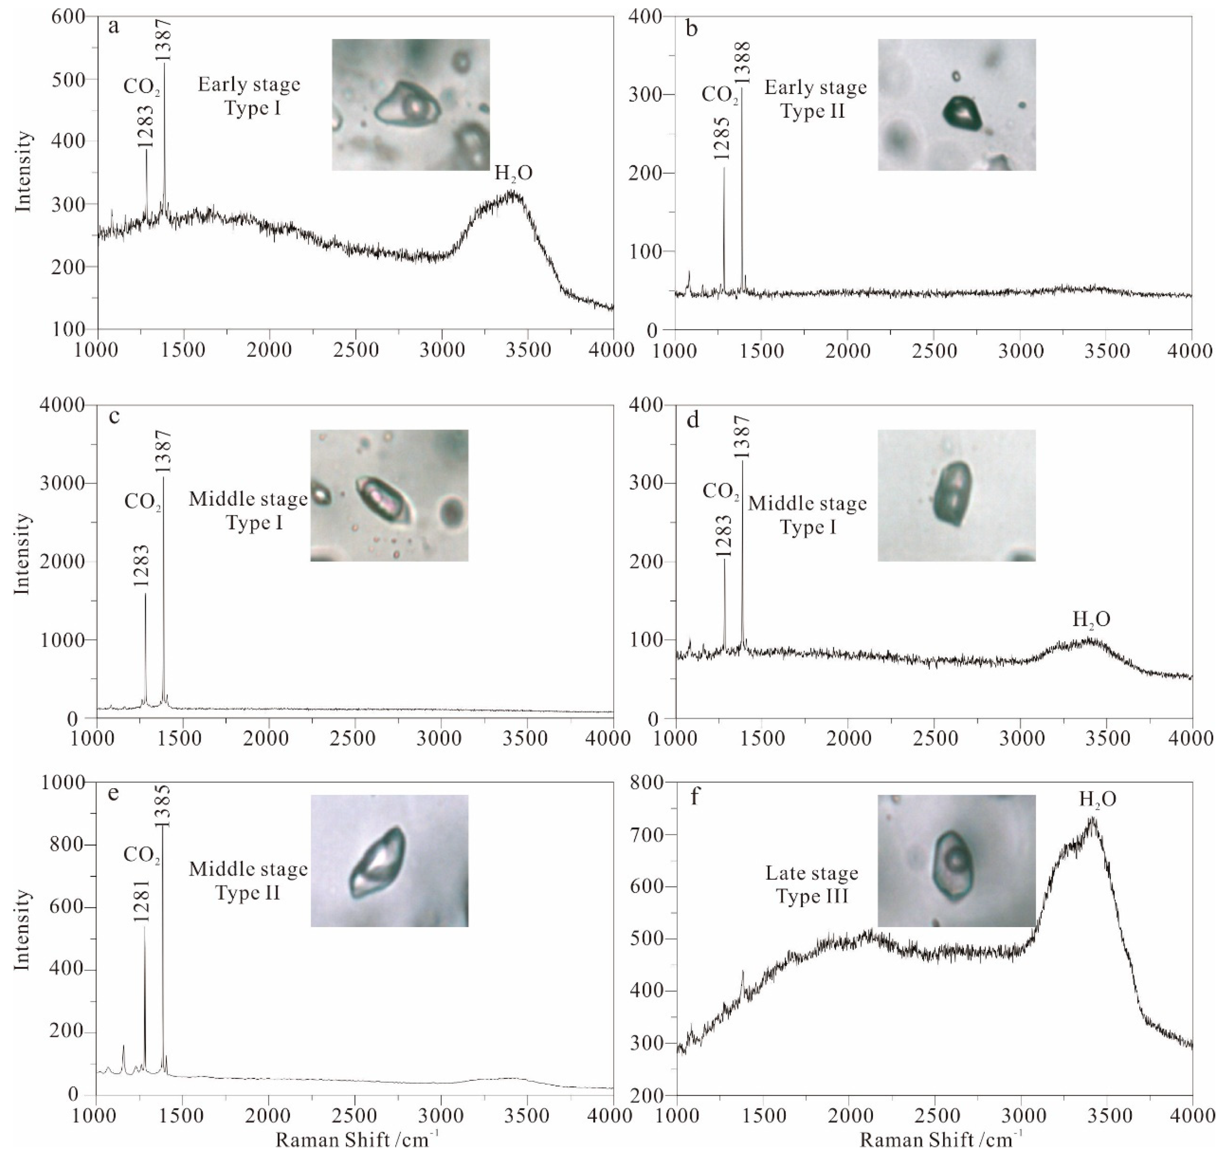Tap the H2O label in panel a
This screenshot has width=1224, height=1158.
513,174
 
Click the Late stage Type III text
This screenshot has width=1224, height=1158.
812,884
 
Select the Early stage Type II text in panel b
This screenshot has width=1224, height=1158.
815,99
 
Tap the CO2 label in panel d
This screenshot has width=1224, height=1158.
720,492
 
